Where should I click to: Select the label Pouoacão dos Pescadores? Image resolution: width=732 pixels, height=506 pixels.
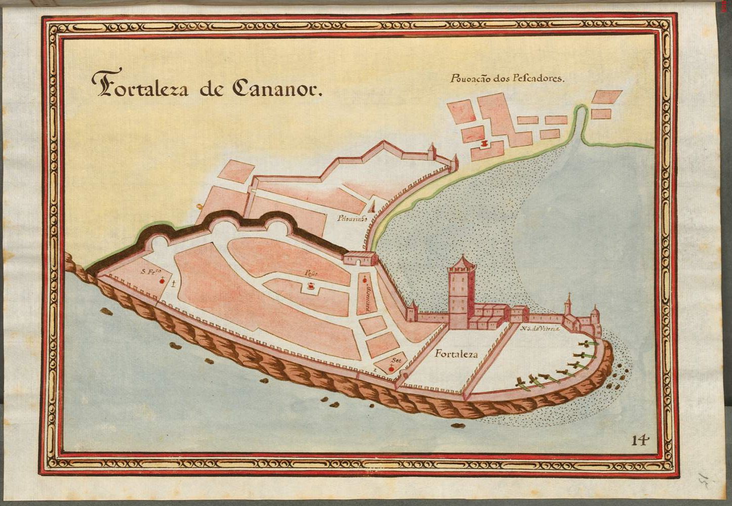point(506,79)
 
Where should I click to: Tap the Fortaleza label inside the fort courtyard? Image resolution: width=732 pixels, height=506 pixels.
point(456,354)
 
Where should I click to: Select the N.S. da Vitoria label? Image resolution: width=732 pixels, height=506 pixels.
point(540,329)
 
